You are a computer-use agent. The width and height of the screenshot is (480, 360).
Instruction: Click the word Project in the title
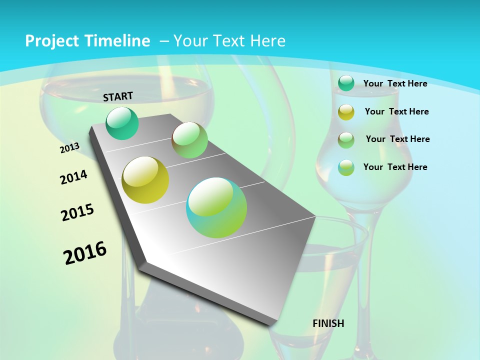point(50,41)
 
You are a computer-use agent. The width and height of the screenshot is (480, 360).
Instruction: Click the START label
point(118,96)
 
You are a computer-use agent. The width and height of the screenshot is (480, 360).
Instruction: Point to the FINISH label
point(328,323)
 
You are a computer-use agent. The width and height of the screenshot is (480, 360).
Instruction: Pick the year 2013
point(69,148)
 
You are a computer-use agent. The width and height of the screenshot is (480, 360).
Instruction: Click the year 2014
point(73,177)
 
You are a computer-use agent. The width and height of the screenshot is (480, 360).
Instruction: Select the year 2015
point(77,212)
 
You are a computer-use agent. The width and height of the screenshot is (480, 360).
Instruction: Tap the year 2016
point(85,253)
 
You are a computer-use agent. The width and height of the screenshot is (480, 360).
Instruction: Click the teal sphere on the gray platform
point(122,123)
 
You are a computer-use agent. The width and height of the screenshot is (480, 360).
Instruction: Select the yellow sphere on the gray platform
point(145,180)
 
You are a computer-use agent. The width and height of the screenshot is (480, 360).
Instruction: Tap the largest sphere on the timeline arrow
point(216,207)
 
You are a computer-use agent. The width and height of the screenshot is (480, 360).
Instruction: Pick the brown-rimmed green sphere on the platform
point(189,140)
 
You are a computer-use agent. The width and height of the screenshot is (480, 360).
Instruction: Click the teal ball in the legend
point(346,83)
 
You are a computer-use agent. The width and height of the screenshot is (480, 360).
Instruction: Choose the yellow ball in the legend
point(346,112)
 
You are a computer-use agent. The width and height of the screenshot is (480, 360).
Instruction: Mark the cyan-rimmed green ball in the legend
point(346,167)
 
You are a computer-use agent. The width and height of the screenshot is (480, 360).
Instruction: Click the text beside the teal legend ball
point(395,83)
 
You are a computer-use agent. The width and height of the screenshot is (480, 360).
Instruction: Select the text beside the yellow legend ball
point(396,111)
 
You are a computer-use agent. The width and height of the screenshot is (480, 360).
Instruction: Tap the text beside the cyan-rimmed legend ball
point(395,167)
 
